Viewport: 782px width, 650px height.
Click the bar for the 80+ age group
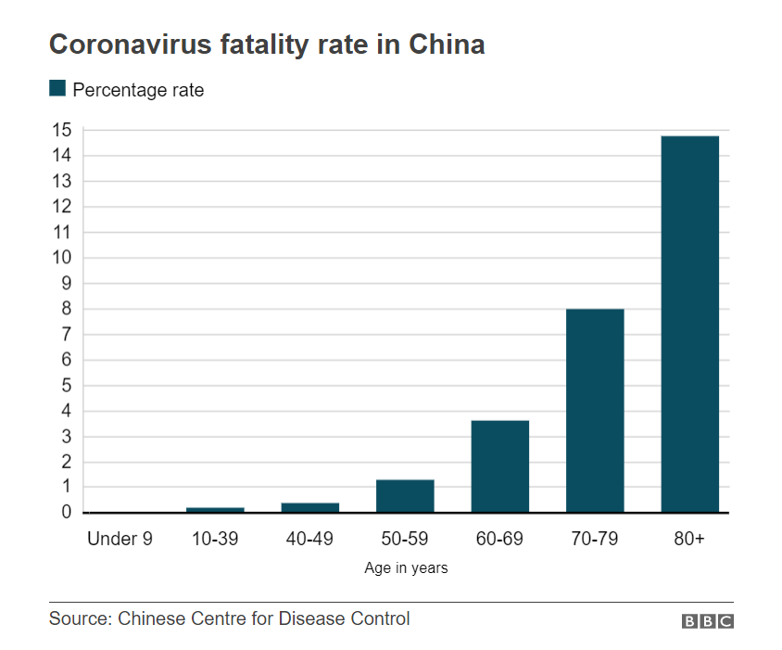pos(689,324)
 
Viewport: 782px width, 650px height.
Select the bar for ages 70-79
pos(595,410)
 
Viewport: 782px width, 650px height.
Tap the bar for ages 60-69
pos(499,465)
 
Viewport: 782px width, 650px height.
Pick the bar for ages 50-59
pos(405,495)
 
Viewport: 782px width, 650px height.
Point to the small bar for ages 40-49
pos(309,507)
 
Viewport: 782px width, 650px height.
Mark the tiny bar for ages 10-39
pos(215,509)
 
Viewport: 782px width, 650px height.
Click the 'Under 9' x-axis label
pos(120,539)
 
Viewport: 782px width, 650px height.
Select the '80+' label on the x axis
pos(689,539)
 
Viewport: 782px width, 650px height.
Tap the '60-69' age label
pos(499,539)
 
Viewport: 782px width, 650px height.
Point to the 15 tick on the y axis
pos(62,131)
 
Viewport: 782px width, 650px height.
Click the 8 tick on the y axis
pos(66,309)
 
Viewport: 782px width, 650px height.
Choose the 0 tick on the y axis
pos(66,512)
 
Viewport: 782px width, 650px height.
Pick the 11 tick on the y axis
pos(62,233)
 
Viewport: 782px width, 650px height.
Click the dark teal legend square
pos(57,89)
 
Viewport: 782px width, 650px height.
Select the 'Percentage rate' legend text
pos(138,90)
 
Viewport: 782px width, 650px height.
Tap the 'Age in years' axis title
pos(406,568)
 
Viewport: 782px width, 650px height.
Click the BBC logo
pos(708,621)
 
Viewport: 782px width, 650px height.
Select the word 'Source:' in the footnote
pos(80,618)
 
